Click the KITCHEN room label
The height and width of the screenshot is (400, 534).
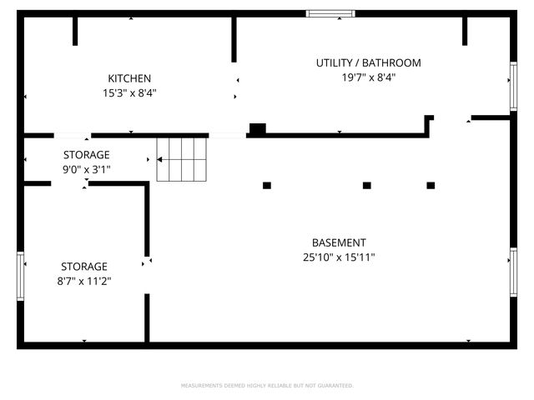pos(129,78)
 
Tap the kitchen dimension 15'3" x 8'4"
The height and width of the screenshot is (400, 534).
pos(129,93)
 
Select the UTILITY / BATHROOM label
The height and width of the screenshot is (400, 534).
pos(368,62)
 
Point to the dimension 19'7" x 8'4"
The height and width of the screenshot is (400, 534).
pos(368,77)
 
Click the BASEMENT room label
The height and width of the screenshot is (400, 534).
pos(339,242)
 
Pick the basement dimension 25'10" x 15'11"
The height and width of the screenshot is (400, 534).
pos(339,257)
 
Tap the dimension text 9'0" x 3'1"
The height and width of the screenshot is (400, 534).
pos(87,169)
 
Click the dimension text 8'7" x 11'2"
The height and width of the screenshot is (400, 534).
pos(83,282)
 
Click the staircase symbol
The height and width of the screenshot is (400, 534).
pos(181,158)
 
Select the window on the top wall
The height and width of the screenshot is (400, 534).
pos(330,13)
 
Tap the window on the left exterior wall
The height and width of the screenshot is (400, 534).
pos(21,276)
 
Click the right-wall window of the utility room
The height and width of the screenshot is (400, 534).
pos(513,85)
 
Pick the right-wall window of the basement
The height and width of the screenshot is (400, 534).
pos(513,272)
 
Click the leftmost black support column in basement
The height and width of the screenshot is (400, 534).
pos(267,185)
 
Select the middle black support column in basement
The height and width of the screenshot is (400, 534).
pos(366,185)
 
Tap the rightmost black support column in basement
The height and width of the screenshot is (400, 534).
pos(431,185)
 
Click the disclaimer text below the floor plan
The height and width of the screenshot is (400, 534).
pos(267,386)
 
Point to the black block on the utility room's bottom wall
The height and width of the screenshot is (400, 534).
pos(258,128)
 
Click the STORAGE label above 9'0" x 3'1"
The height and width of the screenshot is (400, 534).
pos(87,155)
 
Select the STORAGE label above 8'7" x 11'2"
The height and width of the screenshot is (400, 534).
pos(83,267)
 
